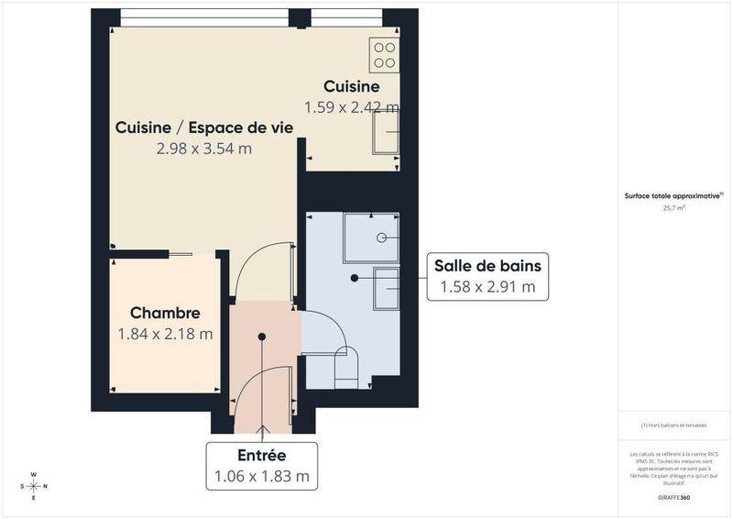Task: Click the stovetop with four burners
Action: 386,55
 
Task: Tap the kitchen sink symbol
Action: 386,141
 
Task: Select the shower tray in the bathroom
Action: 372,237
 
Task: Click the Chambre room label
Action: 165,314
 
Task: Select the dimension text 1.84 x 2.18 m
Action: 165,334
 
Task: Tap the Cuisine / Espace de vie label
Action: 204,127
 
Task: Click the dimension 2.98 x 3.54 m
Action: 204,148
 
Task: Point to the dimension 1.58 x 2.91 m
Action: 488,287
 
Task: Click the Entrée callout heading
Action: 262,455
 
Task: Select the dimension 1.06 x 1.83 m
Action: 262,476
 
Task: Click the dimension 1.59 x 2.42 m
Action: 352,107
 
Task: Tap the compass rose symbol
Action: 34,485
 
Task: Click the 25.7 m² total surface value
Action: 674,208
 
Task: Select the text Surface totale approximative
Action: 673,195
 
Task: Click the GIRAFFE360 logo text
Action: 674,496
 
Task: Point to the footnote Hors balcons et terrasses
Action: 674,425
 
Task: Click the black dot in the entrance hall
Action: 262,337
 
